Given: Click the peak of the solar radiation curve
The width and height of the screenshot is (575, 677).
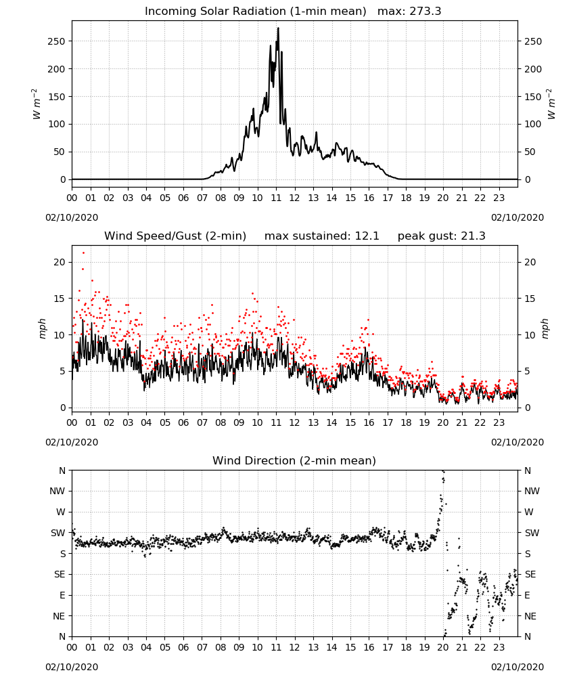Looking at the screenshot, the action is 278,28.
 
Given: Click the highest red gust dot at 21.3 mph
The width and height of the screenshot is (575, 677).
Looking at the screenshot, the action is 83,253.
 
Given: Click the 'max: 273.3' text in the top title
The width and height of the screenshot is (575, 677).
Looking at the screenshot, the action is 409,11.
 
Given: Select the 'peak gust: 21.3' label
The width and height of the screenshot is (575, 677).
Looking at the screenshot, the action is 441,236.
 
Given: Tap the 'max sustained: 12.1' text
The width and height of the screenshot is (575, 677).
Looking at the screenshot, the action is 322,236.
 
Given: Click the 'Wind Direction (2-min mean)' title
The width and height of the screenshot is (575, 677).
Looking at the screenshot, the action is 294,460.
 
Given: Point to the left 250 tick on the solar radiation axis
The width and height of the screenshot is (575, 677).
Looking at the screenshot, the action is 56,41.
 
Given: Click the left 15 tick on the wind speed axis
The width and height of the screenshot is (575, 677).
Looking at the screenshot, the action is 60,299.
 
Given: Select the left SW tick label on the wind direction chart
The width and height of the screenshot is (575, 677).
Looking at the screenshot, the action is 57,533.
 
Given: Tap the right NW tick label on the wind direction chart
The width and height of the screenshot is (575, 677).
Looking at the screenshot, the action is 532,491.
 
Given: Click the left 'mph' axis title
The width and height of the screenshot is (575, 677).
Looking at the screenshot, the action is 42,328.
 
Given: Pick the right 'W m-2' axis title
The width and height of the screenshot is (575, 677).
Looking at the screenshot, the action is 551,104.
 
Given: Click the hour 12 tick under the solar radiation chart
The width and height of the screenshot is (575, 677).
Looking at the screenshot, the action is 295,198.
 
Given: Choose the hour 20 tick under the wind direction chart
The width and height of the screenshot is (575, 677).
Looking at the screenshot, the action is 443,648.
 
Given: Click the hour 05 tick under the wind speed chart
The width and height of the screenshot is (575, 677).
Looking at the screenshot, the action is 165,422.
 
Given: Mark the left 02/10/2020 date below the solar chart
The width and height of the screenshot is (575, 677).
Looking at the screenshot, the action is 72,217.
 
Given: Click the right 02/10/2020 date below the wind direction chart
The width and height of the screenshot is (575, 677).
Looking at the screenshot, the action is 517,667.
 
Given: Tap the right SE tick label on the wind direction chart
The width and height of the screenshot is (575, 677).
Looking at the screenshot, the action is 530,574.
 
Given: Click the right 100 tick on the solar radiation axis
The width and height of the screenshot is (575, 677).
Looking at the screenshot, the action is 533,125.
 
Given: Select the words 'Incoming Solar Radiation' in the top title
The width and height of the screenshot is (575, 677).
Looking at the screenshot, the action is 215,11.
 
